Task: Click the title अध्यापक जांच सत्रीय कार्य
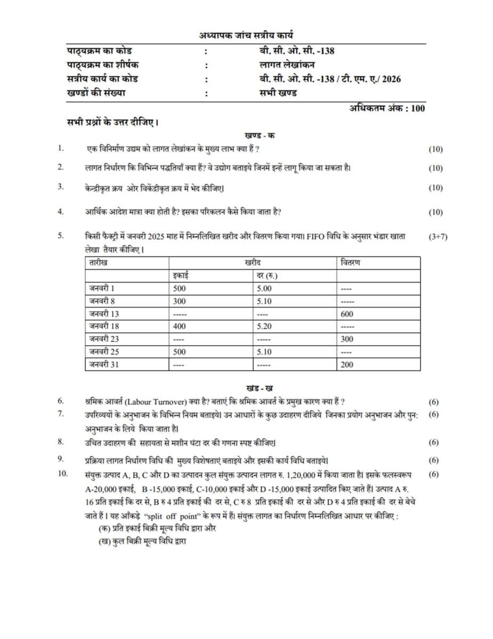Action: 246,36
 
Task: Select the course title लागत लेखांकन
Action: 284,65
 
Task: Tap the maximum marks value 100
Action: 418,108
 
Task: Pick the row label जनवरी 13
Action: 104,314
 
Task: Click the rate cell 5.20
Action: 264,326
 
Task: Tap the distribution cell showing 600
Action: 346,314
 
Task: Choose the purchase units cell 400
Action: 180,326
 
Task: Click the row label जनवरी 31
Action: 104,365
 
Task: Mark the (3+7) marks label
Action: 438,237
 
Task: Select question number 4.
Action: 61,212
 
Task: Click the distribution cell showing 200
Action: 346,365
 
